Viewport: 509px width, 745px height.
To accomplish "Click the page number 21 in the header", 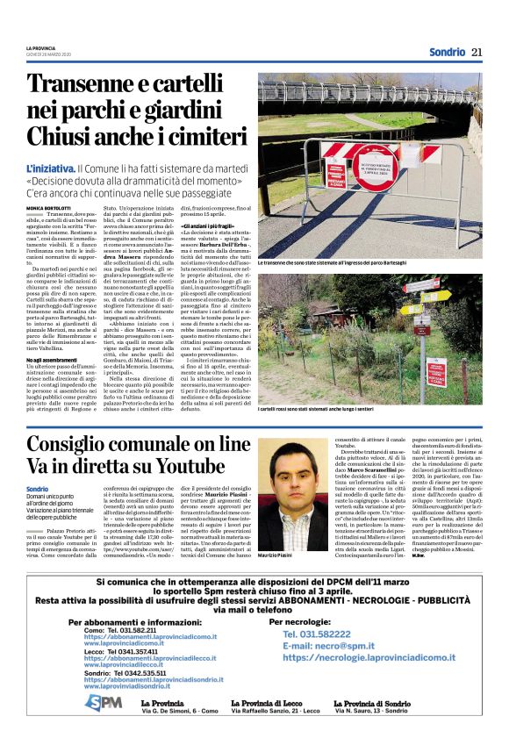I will pos(477,52).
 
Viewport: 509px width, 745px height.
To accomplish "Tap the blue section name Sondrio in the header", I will pos(447,52).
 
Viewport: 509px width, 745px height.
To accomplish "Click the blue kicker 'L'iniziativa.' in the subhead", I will pos(51,166).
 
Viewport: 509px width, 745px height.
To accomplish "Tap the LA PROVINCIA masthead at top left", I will pos(40,47).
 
